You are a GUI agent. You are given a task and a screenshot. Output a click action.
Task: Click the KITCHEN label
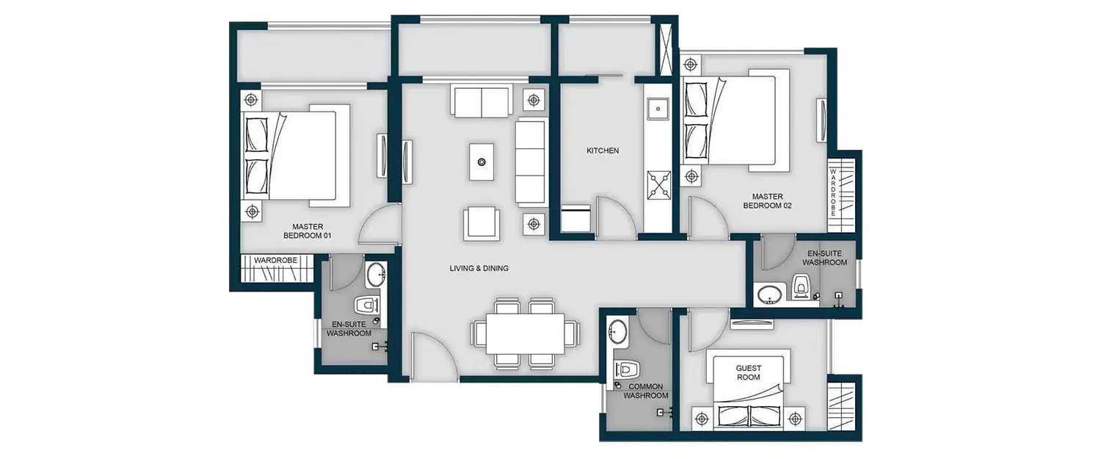coord(602,151)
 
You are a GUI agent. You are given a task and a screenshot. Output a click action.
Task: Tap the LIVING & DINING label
coord(479,269)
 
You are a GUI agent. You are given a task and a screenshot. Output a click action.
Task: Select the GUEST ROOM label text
coord(749,372)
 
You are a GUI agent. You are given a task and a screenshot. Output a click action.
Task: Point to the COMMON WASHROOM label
coord(646,391)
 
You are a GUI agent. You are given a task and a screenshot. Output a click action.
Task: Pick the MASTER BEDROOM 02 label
coord(767,200)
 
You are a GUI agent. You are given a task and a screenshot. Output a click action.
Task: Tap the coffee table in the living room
coord(482,162)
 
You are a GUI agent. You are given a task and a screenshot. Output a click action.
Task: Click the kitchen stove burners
coord(658,184)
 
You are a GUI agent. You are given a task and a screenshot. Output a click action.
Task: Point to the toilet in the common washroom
coord(629,368)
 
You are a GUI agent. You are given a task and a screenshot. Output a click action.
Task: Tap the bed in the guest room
coord(749,393)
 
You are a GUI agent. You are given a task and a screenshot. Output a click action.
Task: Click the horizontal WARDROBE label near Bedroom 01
coord(275,260)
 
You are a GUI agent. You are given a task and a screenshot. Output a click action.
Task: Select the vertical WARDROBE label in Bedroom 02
coord(832,192)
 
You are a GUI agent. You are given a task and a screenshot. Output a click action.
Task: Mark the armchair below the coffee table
coord(482,223)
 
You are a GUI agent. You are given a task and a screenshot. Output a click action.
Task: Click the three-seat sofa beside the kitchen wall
coord(531,163)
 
